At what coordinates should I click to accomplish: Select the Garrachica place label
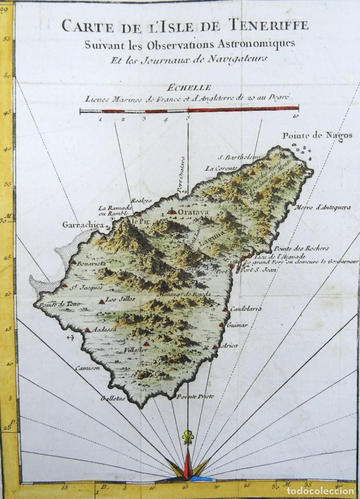pos(82,225)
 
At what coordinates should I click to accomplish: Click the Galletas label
pos(112,398)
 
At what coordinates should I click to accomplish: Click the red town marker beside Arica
pos(215,346)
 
